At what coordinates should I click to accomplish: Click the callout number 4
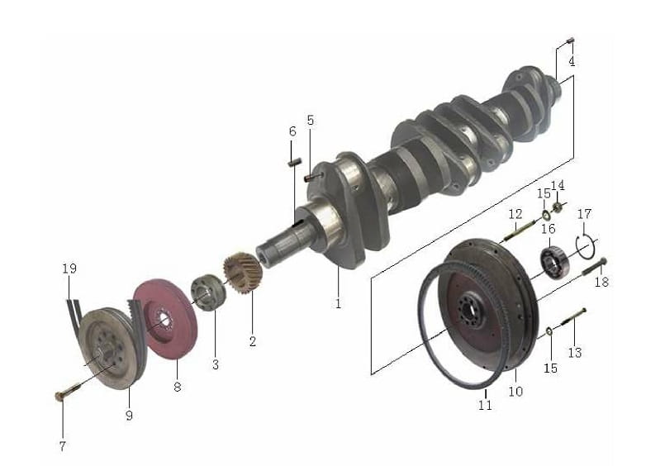(572, 62)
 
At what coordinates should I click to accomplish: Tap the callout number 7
(63, 446)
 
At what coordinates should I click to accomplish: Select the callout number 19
(69, 269)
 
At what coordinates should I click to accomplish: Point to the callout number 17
(584, 214)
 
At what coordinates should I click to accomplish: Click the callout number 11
(485, 405)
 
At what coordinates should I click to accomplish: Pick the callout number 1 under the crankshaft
(338, 304)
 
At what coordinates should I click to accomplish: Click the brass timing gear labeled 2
(243, 273)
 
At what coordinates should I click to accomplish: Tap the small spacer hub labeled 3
(208, 292)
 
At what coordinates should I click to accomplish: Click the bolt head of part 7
(60, 396)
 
